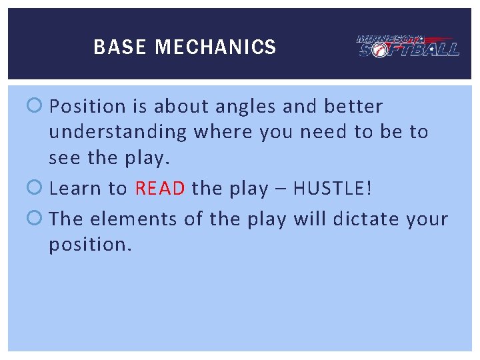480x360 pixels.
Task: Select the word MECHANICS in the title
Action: tap(215, 47)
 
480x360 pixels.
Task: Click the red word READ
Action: tap(160, 189)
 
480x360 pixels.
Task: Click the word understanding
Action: tap(118, 132)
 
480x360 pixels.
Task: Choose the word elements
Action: tap(121, 219)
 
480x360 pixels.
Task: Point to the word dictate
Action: tap(365, 219)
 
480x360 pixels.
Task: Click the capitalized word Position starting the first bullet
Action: tap(87, 107)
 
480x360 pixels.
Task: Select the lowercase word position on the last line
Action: tap(91, 245)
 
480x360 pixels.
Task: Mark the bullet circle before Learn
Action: tap(37, 189)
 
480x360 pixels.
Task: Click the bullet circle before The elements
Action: tap(37, 219)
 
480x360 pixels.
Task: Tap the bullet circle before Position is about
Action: tap(37, 107)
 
